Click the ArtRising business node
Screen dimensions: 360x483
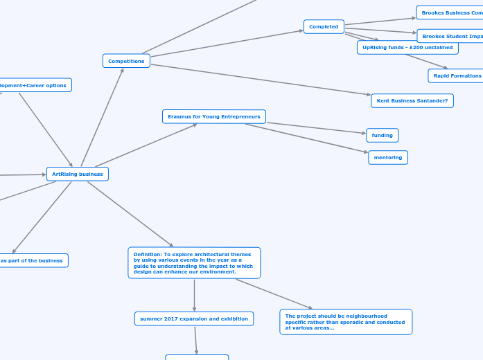click(x=78, y=174)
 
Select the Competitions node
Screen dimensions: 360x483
click(x=126, y=61)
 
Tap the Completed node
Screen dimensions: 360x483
click(x=324, y=27)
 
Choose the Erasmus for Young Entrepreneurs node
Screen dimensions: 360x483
click(x=214, y=116)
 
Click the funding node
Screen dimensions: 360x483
click(x=382, y=135)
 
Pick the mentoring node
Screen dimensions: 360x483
click(x=388, y=157)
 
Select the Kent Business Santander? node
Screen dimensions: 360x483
click(x=412, y=101)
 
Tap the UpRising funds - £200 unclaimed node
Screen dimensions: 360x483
click(x=407, y=48)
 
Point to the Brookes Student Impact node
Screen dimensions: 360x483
click(x=450, y=36)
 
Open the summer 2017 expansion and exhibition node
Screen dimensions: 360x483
click(x=194, y=318)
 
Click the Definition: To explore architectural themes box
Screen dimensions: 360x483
click(x=194, y=263)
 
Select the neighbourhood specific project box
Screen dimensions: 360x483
click(x=346, y=322)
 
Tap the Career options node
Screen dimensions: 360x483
click(x=35, y=85)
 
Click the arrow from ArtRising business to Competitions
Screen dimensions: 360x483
click(x=103, y=117)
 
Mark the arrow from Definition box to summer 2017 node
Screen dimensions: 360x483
click(x=194, y=295)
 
